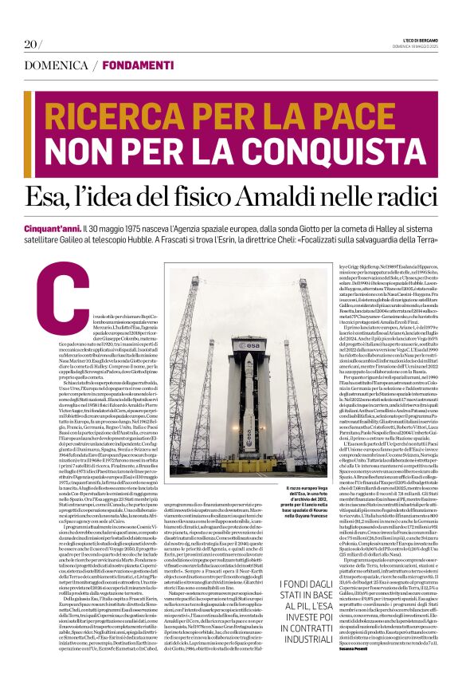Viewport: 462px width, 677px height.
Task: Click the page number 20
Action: pyautogui.click(x=31, y=44)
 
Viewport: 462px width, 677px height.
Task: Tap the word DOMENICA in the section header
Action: pyautogui.click(x=56, y=65)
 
